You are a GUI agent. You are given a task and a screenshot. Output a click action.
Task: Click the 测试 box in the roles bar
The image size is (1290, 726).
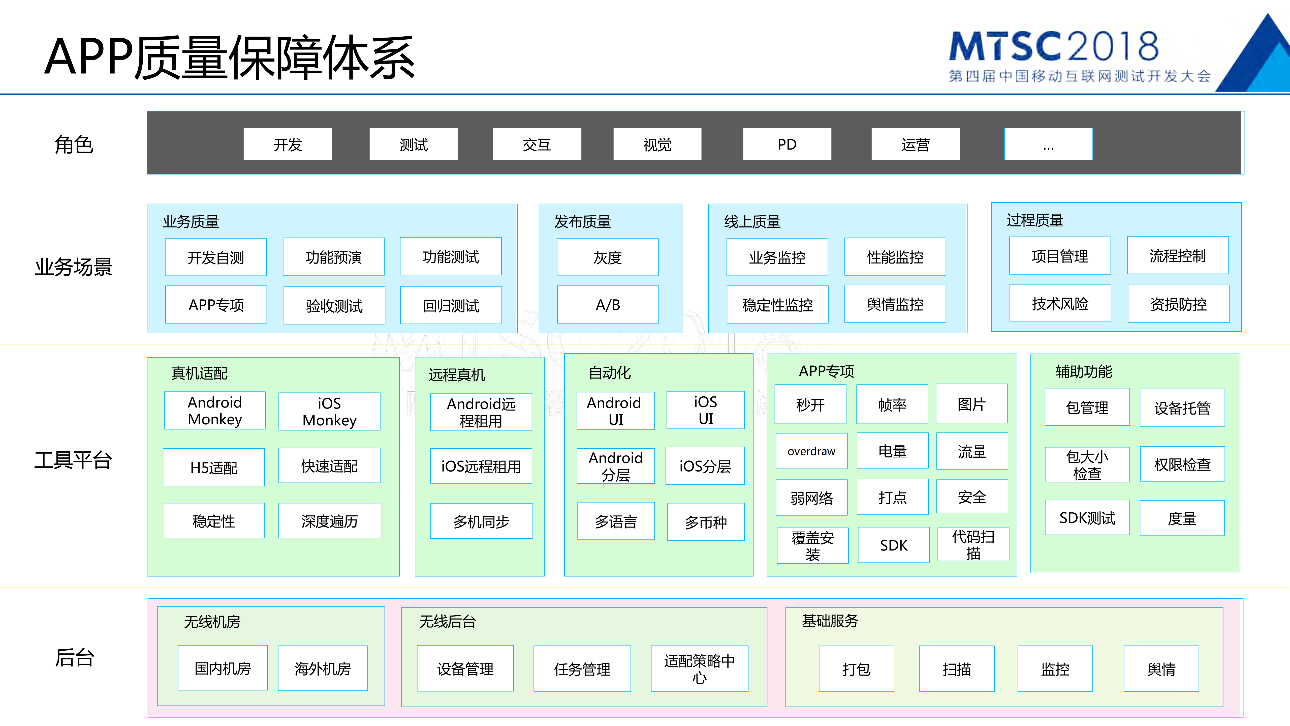pyautogui.click(x=414, y=144)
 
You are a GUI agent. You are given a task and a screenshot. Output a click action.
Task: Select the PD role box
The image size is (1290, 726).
pyautogui.click(x=787, y=144)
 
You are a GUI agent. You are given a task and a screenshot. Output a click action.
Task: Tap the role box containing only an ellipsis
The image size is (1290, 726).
pyautogui.click(x=1048, y=144)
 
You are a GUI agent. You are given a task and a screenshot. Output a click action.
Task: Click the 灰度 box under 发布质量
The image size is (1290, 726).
pyautogui.click(x=607, y=257)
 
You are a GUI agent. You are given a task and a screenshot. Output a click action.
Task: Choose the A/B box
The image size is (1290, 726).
pyautogui.click(x=607, y=305)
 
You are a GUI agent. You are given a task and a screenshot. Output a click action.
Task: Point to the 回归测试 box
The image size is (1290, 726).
pyautogui.click(x=451, y=305)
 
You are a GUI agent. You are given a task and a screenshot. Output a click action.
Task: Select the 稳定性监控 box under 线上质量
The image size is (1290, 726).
pyautogui.click(x=777, y=305)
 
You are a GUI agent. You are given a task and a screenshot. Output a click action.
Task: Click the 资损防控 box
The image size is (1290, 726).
pyautogui.click(x=1178, y=304)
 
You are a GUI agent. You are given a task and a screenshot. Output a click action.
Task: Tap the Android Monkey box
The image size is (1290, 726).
pyautogui.click(x=215, y=410)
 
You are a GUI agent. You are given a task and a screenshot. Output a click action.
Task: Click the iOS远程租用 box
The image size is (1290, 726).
pyautogui.click(x=481, y=466)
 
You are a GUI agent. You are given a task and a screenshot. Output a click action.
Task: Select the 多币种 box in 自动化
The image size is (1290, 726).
pyautogui.click(x=706, y=522)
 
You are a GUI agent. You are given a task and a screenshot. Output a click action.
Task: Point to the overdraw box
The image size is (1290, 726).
pyautogui.click(x=811, y=451)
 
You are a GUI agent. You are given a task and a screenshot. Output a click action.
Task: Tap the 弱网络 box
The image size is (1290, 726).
pyautogui.click(x=811, y=498)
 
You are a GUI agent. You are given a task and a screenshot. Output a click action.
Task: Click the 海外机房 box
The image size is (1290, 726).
pyautogui.click(x=323, y=669)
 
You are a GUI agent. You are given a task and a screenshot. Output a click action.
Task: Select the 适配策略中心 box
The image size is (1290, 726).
pyautogui.click(x=699, y=669)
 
